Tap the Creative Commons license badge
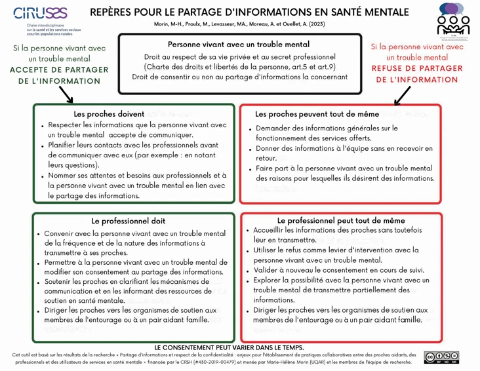(441, 357)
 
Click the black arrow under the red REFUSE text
(402, 95)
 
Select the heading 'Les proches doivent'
(109, 114)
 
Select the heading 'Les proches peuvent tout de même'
(316, 114)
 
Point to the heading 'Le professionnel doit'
(129, 221)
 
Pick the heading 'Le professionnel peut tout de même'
(341, 221)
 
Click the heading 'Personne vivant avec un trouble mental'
(239, 45)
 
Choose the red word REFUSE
(391, 68)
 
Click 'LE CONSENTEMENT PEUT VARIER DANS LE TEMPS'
(229, 347)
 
